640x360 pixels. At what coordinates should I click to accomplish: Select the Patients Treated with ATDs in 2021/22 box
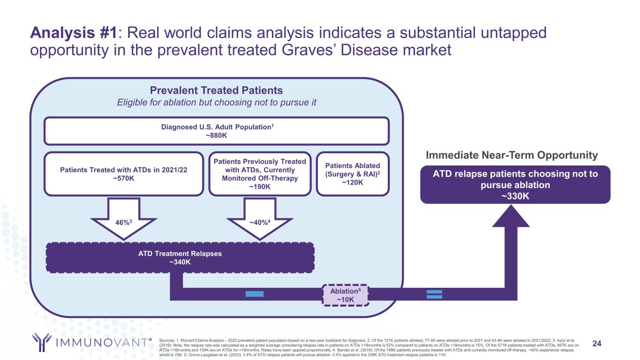click(x=124, y=173)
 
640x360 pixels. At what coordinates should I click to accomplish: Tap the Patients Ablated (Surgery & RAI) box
click(x=353, y=173)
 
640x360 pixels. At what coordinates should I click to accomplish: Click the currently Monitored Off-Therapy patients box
click(x=260, y=173)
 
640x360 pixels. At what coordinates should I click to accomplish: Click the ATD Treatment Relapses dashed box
click(x=180, y=257)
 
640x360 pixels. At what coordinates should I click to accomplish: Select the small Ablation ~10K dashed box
click(x=346, y=294)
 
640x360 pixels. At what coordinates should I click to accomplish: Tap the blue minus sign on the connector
click(x=254, y=294)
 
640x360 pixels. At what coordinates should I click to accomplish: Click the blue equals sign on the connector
click(x=435, y=294)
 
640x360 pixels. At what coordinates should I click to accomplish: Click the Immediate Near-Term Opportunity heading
click(x=512, y=155)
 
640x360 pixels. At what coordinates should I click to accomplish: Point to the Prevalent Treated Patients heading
click(x=216, y=90)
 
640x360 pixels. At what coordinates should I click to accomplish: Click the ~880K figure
click(x=216, y=135)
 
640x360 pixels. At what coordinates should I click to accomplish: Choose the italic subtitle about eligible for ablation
click(x=216, y=103)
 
